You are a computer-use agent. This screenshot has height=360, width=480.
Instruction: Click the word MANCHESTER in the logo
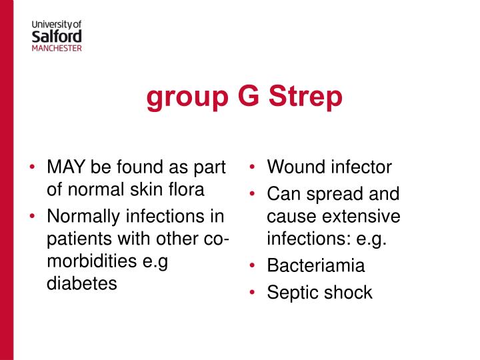pos(57,48)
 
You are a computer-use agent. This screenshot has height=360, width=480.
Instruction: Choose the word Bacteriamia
pos(316,265)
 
